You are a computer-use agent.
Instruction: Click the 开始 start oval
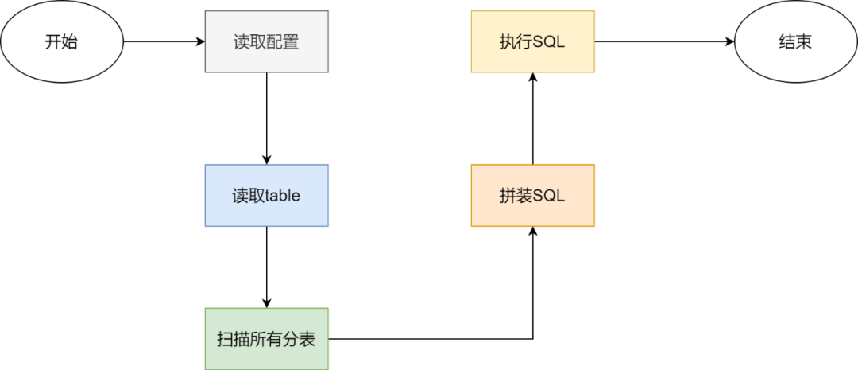click(62, 42)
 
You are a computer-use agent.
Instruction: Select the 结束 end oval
click(795, 42)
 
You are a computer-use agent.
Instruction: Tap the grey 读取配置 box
click(266, 42)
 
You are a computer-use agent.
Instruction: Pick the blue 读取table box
click(266, 195)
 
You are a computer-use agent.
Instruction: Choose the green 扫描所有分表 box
click(266, 339)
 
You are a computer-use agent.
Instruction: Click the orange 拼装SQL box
click(532, 195)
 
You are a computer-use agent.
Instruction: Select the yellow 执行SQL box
click(532, 42)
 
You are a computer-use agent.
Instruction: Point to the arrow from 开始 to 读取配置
click(163, 42)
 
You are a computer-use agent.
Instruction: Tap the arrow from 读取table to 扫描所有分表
click(266, 267)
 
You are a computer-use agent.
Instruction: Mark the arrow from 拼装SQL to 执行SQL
click(532, 119)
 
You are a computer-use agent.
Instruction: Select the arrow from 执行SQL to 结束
click(663, 42)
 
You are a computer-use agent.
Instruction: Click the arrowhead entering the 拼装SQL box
click(532, 232)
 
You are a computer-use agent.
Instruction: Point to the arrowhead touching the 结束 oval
click(729, 42)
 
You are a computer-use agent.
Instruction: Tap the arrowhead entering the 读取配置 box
click(199, 42)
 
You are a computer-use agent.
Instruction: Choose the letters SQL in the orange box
click(548, 196)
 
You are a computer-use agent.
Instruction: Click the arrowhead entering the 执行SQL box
click(532, 78)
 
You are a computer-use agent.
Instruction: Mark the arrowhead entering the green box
click(266, 302)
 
